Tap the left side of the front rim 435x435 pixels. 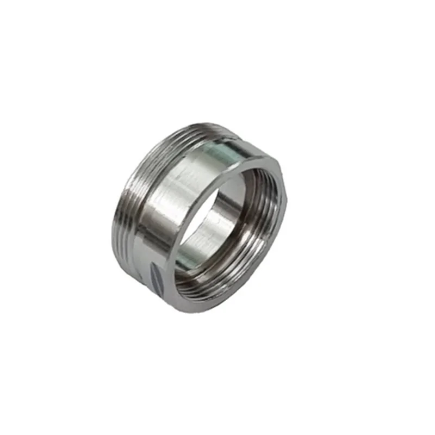coord(172,256)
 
